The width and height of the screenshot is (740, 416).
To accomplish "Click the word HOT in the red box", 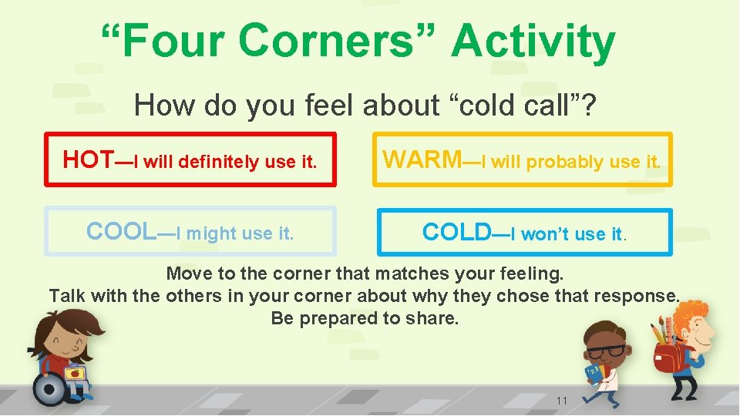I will pyautogui.click(x=88, y=159).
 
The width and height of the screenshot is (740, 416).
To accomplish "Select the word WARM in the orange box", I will pyautogui.click(x=421, y=159).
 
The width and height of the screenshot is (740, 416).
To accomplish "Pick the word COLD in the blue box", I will pyautogui.click(x=456, y=232).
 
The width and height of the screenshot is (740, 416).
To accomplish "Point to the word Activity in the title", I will pyautogui.click(x=533, y=42).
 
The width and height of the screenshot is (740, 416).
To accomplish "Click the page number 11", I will pyautogui.click(x=562, y=401).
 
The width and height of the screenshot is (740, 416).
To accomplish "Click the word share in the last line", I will pyautogui.click(x=435, y=318).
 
